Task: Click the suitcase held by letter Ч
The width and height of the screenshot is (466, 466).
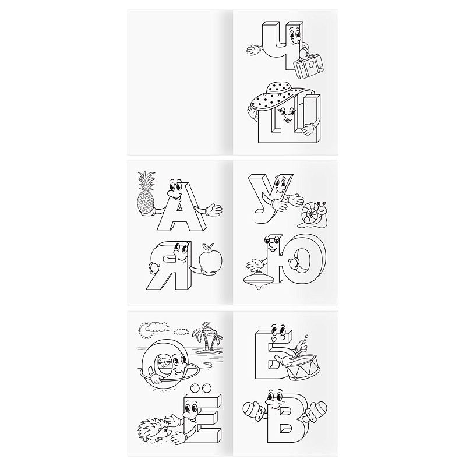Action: click(x=308, y=66)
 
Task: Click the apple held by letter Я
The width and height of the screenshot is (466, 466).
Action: click(x=210, y=259)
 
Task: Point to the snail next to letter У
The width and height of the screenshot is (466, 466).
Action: click(x=315, y=214)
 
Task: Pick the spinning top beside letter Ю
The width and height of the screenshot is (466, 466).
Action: click(x=259, y=279)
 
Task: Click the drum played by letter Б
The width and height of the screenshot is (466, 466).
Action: click(x=303, y=366)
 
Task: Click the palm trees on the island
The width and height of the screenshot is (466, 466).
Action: click(x=208, y=337)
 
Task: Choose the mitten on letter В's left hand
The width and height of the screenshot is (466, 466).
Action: click(x=254, y=410)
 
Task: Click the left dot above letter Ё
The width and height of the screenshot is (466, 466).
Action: click(x=195, y=388)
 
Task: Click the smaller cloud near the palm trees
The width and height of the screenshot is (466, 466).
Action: click(x=182, y=331)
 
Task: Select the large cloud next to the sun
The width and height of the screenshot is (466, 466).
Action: click(x=158, y=327)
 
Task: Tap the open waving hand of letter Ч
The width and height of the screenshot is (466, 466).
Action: click(x=253, y=50)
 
